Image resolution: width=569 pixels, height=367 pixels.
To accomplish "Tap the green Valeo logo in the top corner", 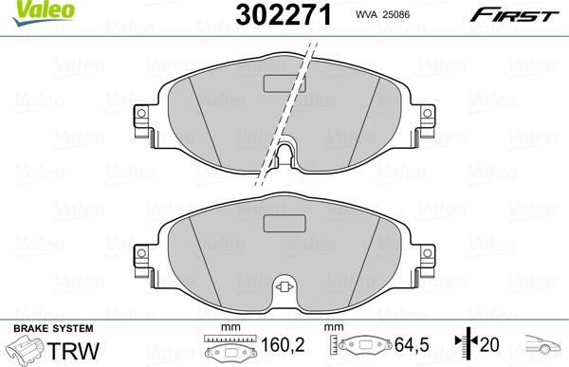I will [x=27, y=9].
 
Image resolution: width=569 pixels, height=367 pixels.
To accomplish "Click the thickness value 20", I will [x=489, y=347].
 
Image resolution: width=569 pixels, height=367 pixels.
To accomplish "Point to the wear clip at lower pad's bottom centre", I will [x=283, y=289].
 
